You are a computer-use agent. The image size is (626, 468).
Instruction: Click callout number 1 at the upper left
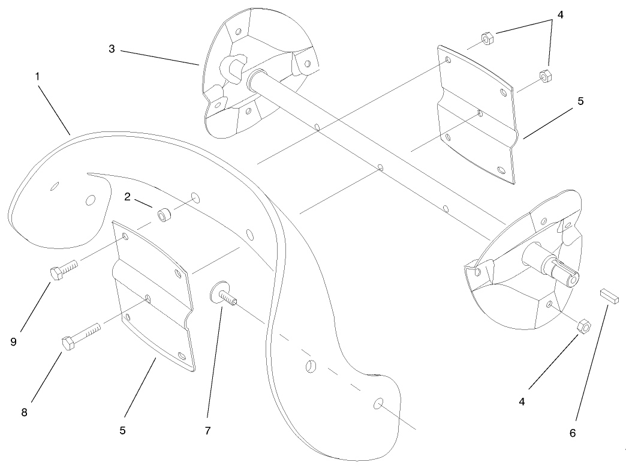pyautogui.click(x=37, y=77)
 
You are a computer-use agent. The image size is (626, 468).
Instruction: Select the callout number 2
pyautogui.click(x=127, y=197)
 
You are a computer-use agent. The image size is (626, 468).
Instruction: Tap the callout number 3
pyautogui.click(x=112, y=49)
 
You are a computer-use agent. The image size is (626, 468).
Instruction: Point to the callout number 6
pyautogui.click(x=572, y=433)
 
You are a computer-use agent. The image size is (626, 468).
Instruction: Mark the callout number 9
pyautogui.click(x=13, y=341)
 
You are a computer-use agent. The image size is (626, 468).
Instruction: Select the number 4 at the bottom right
pyautogui.click(x=522, y=401)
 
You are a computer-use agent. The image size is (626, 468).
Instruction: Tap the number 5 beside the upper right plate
pyautogui.click(x=580, y=101)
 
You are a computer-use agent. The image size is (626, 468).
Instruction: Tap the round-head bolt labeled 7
pyautogui.click(x=222, y=295)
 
